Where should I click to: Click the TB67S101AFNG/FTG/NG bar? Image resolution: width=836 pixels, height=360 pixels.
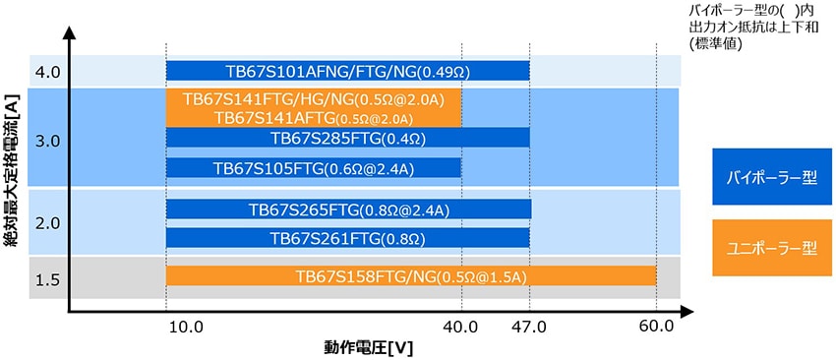[x=347, y=71]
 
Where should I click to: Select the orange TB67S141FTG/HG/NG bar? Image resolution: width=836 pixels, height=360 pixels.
[x=313, y=100]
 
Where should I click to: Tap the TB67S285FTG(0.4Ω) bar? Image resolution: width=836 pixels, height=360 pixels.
[x=347, y=138]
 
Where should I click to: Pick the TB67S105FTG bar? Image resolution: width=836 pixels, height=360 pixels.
[x=313, y=168]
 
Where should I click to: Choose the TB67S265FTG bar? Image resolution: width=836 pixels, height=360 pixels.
[x=348, y=210]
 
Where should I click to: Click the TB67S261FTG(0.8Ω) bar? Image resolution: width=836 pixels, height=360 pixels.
[x=347, y=238]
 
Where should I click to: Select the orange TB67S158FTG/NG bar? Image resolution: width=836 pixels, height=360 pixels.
[x=411, y=276]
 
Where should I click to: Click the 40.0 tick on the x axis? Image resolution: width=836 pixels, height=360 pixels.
[x=460, y=326]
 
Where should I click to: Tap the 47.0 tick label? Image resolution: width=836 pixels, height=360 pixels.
[x=529, y=326]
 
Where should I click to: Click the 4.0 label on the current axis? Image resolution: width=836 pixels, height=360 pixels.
[x=46, y=72]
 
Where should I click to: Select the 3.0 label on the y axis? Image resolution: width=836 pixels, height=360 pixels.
[x=46, y=141]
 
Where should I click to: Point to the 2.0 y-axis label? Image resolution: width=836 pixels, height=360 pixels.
[x=46, y=223]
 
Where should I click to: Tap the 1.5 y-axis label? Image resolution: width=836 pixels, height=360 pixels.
[x=46, y=280]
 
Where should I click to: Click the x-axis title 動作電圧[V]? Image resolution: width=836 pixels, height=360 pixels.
[x=368, y=347]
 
